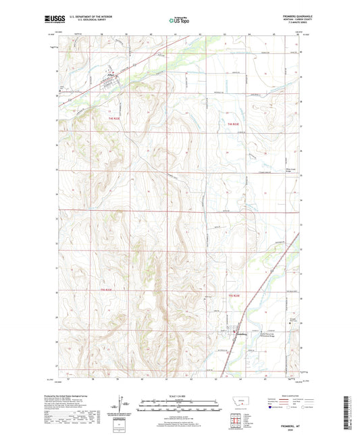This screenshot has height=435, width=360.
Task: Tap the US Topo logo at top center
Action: tap(178, 20)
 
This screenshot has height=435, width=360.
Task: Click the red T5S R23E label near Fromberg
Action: tap(235, 297)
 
